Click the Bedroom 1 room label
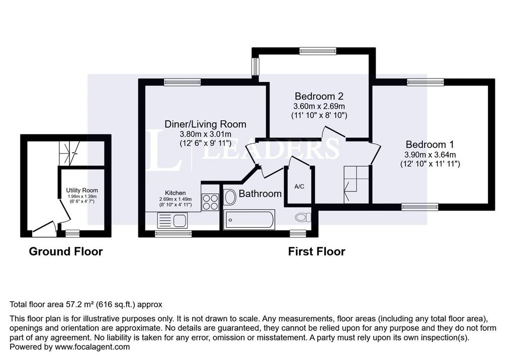tap(430, 144)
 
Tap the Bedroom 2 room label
tap(319, 96)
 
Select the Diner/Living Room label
tap(205, 124)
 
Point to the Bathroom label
tap(260, 194)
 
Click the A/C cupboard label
tap(299, 187)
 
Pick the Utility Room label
tap(82, 190)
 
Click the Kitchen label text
tap(176, 193)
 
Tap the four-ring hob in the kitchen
tap(210, 202)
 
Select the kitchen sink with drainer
tap(173, 220)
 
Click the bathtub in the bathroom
tap(249, 220)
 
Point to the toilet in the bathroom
tap(303, 217)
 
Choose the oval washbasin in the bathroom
tap(230, 197)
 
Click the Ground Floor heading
tap(66, 251)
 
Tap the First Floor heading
tap(317, 251)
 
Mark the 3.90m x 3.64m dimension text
tap(430, 155)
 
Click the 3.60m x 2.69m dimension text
tap(319, 107)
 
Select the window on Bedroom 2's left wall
tap(255, 67)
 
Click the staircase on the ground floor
tap(69, 153)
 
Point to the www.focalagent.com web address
tap(92, 347)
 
